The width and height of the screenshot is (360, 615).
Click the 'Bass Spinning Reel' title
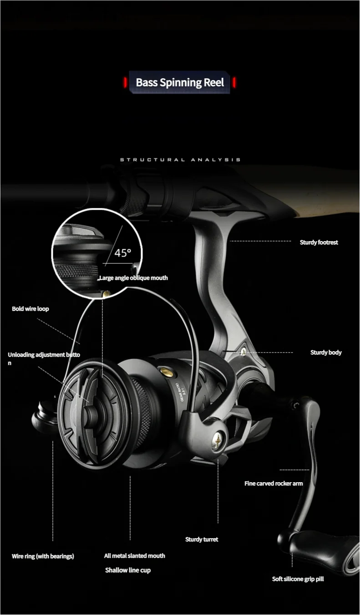point(180,82)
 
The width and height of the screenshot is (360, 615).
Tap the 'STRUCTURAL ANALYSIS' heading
point(180,160)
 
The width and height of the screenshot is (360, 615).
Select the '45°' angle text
point(122,253)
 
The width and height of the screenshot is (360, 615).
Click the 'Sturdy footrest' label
point(319,242)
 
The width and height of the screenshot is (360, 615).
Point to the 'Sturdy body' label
point(326,353)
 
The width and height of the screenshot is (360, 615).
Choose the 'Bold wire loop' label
point(30,309)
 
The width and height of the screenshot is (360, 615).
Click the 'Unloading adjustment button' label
point(44,358)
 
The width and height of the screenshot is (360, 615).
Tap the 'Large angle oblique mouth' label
point(134,278)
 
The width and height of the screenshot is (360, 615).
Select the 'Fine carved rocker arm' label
point(274,484)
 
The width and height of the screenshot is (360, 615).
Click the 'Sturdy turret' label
point(202,539)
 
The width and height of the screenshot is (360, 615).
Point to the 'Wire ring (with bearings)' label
point(43,556)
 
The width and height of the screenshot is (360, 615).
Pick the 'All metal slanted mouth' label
point(135,556)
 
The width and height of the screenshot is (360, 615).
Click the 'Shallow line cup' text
point(128,570)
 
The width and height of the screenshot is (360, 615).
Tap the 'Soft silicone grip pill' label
point(298,579)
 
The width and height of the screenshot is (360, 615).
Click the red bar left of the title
point(125,82)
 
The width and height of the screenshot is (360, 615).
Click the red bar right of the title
point(234,82)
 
